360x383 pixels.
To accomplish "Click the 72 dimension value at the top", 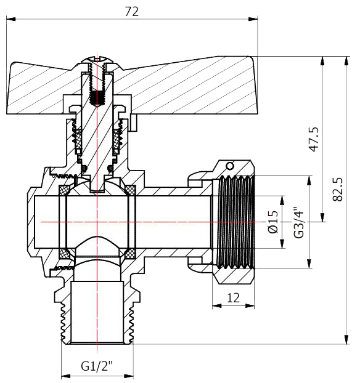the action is [132, 12].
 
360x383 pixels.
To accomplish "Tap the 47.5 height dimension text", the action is [314, 139].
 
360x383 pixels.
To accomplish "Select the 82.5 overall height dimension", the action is [338, 189].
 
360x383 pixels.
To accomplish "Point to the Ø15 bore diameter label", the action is [273, 222].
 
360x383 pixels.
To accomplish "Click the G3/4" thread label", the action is [299, 223].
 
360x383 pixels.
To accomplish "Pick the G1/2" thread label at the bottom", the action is [97, 366].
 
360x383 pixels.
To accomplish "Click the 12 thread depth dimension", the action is [234, 298].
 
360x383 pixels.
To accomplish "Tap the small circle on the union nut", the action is [230, 166].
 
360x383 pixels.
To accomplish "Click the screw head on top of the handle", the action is [97, 60].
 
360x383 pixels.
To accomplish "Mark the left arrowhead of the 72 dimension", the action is [11, 19].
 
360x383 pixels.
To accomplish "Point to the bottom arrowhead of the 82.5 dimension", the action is [346, 339].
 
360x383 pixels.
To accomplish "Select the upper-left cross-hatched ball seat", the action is [65, 190].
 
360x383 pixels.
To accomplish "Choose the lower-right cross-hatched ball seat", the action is [130, 254].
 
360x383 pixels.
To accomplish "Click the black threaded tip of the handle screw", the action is [97, 98].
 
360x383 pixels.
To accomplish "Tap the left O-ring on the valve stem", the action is [84, 168].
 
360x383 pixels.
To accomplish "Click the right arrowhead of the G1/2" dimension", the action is [129, 376].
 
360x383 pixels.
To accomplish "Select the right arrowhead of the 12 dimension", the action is [250, 305].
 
